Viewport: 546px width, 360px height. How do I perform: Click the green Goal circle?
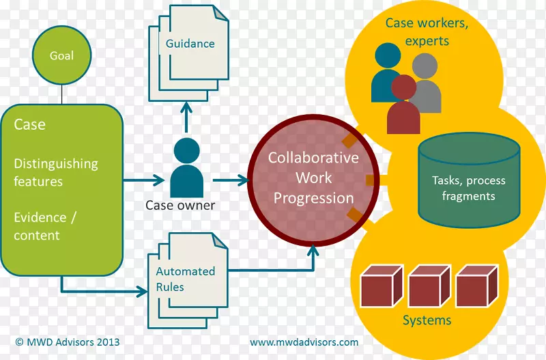pos(61,56)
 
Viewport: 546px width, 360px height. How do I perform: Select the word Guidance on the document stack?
pos(190,44)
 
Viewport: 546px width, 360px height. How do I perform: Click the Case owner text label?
pos(180,205)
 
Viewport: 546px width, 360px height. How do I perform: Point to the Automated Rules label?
pos(185,279)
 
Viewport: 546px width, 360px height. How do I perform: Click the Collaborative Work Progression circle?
pos(313,178)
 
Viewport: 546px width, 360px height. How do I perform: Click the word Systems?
pos(427,320)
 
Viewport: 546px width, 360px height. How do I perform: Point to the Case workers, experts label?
pos(427,31)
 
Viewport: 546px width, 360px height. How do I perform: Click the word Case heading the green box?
pos(29,124)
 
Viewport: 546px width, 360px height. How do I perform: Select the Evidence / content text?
pos(40,226)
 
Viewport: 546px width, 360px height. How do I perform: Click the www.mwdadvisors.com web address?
pos(304,342)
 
